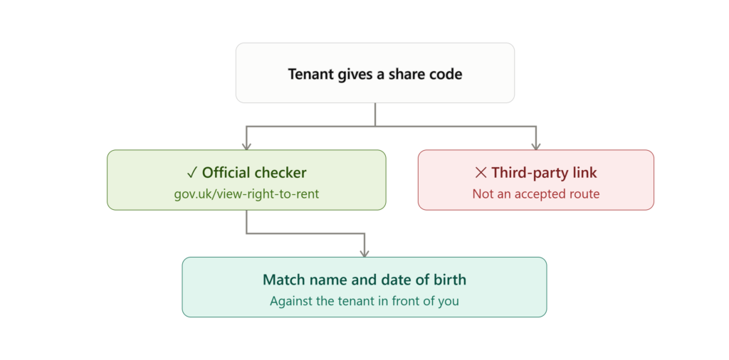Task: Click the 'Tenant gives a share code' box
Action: click(x=374, y=73)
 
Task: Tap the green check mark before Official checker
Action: click(x=192, y=174)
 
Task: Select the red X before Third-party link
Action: click(x=481, y=174)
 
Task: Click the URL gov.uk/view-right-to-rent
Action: click(x=246, y=194)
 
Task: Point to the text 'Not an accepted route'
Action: click(x=536, y=194)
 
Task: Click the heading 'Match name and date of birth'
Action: click(x=364, y=280)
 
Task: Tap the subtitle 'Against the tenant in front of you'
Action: click(x=364, y=301)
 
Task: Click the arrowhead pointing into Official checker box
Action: click(x=246, y=146)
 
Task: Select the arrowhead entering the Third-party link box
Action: click(x=536, y=146)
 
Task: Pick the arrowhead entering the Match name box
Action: click(x=364, y=253)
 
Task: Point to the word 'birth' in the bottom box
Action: click(x=450, y=280)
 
